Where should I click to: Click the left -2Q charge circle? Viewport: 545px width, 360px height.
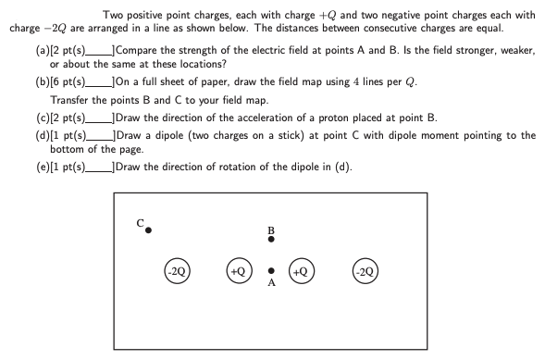point(178,271)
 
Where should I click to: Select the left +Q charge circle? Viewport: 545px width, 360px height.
point(239,271)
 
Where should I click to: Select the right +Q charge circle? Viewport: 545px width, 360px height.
point(301,271)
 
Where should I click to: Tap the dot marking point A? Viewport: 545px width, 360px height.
point(270,271)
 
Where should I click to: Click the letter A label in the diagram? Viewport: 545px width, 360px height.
point(271,284)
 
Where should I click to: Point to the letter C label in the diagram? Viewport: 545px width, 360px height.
point(139,222)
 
